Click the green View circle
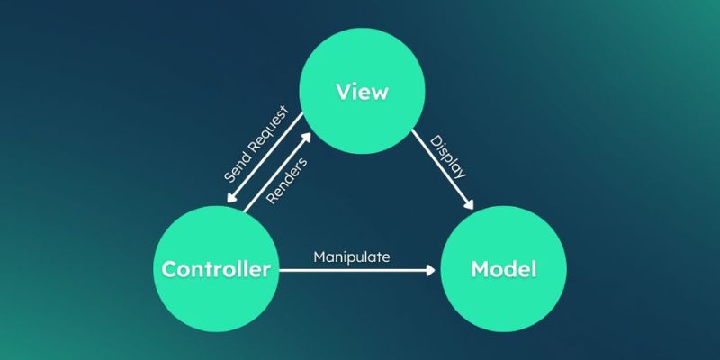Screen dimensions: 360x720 click(x=360, y=91)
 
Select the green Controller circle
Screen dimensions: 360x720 click(x=216, y=268)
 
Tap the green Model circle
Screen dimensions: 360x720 click(x=503, y=268)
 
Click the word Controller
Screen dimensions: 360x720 click(x=216, y=268)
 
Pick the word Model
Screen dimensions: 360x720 click(x=503, y=268)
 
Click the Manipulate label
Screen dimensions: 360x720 click(x=351, y=256)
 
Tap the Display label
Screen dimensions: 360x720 click(x=447, y=157)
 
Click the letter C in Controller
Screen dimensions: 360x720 click(x=168, y=268)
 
